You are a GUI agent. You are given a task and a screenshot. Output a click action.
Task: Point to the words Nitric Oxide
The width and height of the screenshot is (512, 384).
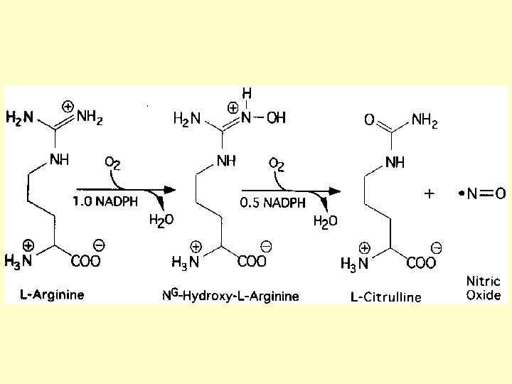(x=484, y=288)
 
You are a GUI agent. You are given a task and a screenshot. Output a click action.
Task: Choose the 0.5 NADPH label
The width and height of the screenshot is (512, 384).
(x=272, y=202)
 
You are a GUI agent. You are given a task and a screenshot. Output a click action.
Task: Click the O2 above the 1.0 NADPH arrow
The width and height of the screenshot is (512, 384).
(x=112, y=164)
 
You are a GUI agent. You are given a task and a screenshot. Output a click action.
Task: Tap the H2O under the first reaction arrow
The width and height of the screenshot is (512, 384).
(x=160, y=220)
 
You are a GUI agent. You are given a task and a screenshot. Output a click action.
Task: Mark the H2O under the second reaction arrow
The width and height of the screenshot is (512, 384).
(x=325, y=221)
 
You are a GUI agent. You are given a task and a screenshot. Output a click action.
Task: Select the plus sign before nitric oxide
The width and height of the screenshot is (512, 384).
(x=429, y=193)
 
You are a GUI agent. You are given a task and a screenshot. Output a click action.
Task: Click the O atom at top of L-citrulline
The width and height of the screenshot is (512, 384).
(x=370, y=121)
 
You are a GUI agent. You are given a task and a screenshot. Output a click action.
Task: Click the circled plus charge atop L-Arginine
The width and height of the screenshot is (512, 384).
(x=67, y=106)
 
